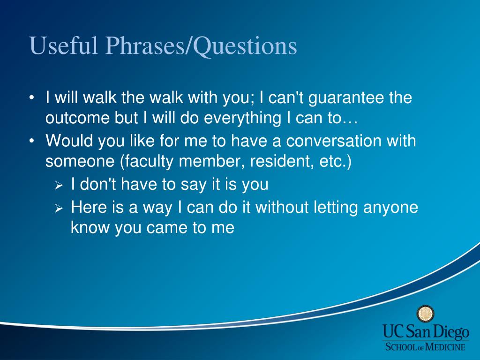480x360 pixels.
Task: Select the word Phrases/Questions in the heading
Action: pos(201,46)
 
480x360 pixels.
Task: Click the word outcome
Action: pos(77,118)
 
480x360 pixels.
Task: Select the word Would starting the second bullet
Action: pos(69,141)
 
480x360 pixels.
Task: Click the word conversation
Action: pos(334,141)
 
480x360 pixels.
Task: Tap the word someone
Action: pos(80,161)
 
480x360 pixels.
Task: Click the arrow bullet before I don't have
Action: pos(59,186)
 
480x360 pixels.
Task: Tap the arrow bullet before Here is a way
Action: pos(59,209)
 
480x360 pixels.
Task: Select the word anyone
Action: pos(390,208)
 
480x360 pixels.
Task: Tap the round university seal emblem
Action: pos(426,314)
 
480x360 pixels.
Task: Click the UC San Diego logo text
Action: pos(426,332)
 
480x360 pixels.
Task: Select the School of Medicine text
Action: pos(425,347)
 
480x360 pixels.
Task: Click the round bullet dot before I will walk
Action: pos(31,98)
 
